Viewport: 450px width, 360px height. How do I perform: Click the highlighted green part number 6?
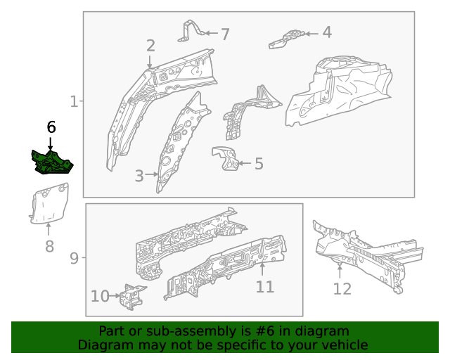point(51,162)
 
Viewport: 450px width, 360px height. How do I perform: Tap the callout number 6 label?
point(51,127)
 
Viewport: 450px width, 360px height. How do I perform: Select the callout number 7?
point(225,34)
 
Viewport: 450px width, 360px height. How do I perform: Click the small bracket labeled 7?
point(190,31)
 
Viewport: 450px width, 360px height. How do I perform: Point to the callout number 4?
point(327,32)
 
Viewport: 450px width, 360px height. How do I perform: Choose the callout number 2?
point(150,46)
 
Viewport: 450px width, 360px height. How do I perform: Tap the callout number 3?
point(139,175)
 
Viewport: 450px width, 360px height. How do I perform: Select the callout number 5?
point(259,164)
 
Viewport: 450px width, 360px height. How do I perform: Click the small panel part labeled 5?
point(224,158)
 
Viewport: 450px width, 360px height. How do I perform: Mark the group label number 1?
point(75,102)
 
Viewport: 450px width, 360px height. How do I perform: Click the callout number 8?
point(49,246)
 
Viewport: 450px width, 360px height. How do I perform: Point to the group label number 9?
point(75,258)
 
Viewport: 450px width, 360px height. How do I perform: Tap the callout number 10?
point(100,296)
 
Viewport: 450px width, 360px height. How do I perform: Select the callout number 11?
point(264,287)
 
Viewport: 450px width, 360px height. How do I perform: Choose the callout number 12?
point(342,288)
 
